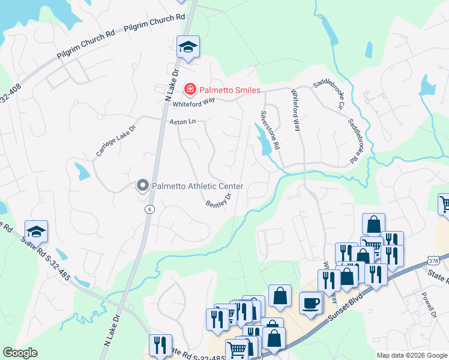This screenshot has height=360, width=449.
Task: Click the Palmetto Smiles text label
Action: point(231,90)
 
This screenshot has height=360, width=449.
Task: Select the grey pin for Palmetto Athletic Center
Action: point(143,185)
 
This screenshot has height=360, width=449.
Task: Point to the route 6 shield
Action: point(149,209)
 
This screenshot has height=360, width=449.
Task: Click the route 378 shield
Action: point(435,260)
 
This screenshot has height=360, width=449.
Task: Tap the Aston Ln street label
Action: point(183,121)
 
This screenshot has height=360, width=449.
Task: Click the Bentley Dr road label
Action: point(219,200)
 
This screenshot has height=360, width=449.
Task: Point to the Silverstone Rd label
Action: point(270,130)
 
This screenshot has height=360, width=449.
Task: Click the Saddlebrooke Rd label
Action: point(356,139)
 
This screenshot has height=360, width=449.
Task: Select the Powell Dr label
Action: point(427,305)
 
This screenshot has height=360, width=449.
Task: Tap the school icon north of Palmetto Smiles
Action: point(188,47)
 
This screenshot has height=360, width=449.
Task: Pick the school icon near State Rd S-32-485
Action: point(36,231)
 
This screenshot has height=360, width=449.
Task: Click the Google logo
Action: point(20,353)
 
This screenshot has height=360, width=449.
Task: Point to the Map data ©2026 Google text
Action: point(412,355)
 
